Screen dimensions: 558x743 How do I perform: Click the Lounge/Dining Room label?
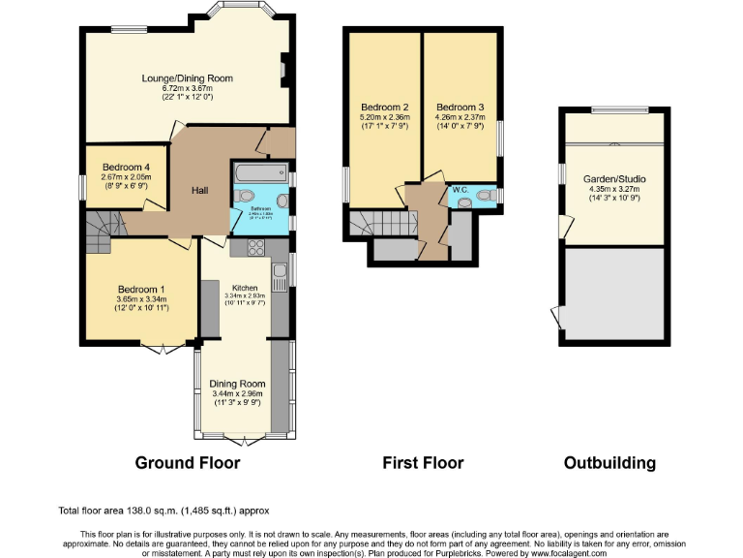(187, 78)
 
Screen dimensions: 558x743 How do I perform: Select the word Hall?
(199, 191)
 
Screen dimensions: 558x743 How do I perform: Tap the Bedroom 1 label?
(141, 289)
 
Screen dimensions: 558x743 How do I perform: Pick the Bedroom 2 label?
(385, 107)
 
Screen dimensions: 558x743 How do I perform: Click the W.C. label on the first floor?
(461, 190)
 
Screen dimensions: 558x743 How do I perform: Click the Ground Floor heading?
(187, 463)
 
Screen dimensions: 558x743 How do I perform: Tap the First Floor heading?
(423, 463)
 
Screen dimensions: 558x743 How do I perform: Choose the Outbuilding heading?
(609, 463)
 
